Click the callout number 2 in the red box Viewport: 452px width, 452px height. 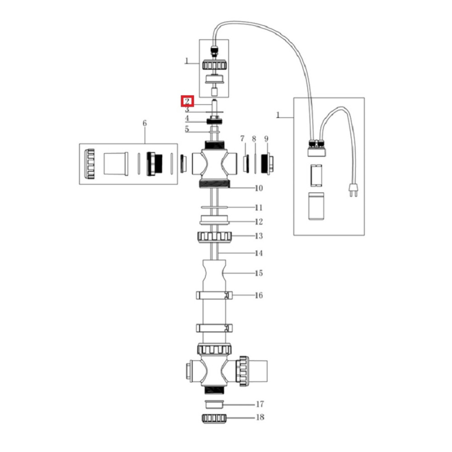[x=187, y=102]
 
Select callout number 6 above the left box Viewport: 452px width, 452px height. [x=145, y=123]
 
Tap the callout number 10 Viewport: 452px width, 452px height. [x=259, y=188]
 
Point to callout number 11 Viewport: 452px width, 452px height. [x=259, y=208]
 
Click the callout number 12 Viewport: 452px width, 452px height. [x=259, y=222]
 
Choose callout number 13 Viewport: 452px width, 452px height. [x=259, y=236]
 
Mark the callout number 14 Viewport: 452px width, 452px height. [x=259, y=253]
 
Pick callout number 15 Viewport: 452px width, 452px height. [x=259, y=273]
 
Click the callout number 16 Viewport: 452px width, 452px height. [x=259, y=296]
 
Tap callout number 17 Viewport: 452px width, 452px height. [x=260, y=404]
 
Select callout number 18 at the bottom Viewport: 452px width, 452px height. [x=260, y=418]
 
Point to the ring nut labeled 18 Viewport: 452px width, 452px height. [x=214, y=418]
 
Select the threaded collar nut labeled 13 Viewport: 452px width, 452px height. [x=214, y=236]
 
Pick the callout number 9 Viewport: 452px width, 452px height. [x=266, y=138]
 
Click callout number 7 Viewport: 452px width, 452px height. [x=242, y=138]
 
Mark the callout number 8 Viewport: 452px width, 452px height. [x=254, y=138]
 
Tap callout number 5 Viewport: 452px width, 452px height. [x=187, y=129]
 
